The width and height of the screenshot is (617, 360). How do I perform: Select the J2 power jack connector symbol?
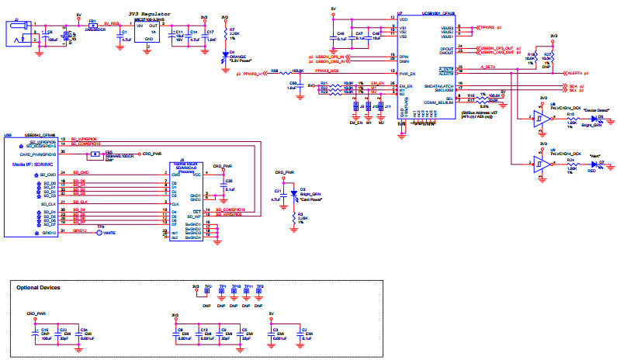pyautogui.click(x=20, y=34)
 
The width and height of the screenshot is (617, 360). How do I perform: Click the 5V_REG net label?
pyautogui.click(x=112, y=24)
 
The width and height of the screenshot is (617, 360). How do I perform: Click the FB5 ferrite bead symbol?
pyautogui.click(x=94, y=154)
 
